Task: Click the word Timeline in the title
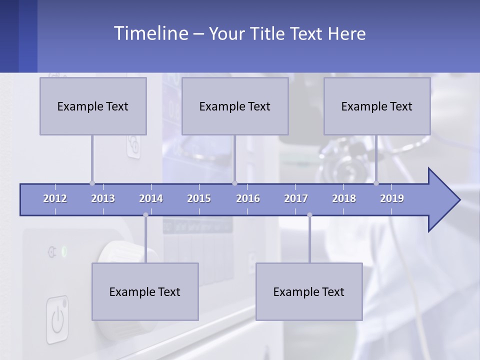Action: tap(150, 33)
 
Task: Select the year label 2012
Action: tap(55, 198)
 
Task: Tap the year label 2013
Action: tap(103, 198)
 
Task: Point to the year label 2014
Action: tap(151, 198)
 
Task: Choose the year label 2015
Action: tap(199, 198)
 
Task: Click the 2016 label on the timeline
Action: tap(248, 198)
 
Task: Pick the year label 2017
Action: tap(296, 198)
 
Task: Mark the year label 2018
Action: tap(344, 198)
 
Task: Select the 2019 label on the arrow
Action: tap(392, 198)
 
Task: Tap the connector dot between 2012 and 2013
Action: tap(92, 183)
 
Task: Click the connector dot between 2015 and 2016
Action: tap(234, 183)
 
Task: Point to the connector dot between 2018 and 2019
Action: tap(376, 183)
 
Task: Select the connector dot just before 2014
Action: tap(145, 215)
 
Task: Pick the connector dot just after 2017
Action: tap(309, 215)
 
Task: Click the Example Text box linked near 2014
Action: tap(145, 291)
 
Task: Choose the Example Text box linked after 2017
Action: tap(309, 291)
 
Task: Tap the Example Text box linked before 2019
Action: tap(377, 106)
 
